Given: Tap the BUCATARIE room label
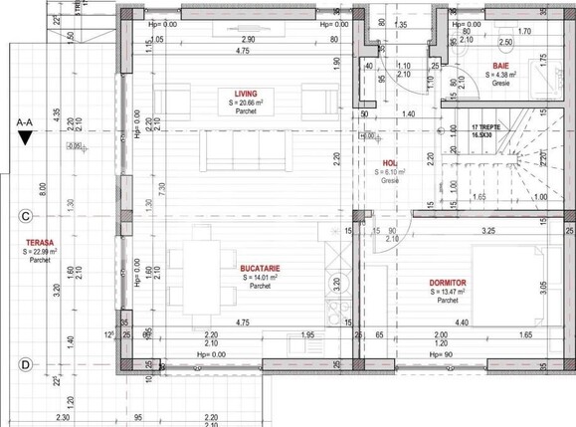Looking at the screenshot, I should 260,268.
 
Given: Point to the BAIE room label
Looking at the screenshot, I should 501,65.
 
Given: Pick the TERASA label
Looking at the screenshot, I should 39,243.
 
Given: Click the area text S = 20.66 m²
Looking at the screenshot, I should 245,103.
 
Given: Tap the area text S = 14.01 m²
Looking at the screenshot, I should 259,278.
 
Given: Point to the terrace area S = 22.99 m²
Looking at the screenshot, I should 40,253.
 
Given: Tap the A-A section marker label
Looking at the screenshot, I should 27,122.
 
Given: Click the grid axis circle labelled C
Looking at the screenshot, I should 23,214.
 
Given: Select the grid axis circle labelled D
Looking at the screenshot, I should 23,365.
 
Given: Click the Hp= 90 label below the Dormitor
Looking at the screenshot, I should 442,353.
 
